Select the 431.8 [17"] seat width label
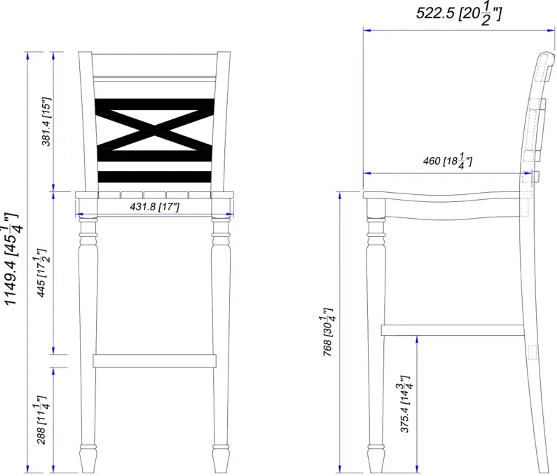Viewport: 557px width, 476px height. pyautogui.click(x=154, y=207)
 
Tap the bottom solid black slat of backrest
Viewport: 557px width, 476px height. pyautogui.click(x=155, y=177)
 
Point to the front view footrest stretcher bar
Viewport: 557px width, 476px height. pyautogui.click(x=155, y=361)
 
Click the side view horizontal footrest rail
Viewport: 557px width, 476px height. pyautogui.click(x=452, y=330)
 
